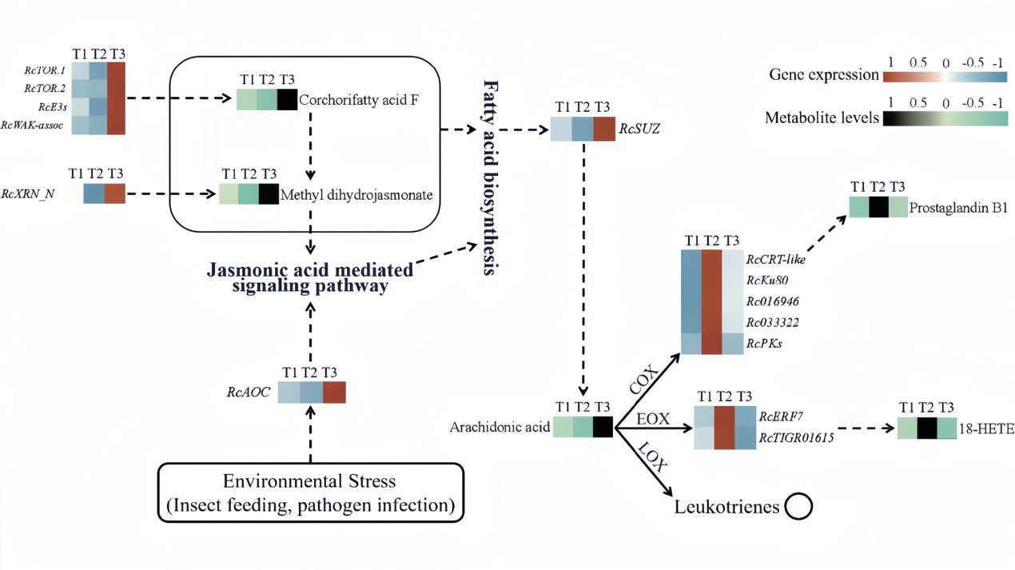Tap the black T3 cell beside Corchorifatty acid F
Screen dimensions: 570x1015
click(287, 100)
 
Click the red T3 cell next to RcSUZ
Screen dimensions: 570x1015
click(603, 130)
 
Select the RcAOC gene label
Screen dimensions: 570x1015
click(249, 393)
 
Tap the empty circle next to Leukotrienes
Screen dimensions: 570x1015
click(798, 506)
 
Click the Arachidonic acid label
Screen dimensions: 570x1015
click(500, 428)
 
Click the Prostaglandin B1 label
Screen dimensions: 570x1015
click(960, 208)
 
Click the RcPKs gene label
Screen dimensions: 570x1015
click(764, 344)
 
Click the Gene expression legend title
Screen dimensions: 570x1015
click(822, 75)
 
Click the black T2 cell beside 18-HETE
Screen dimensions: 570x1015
click(926, 428)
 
